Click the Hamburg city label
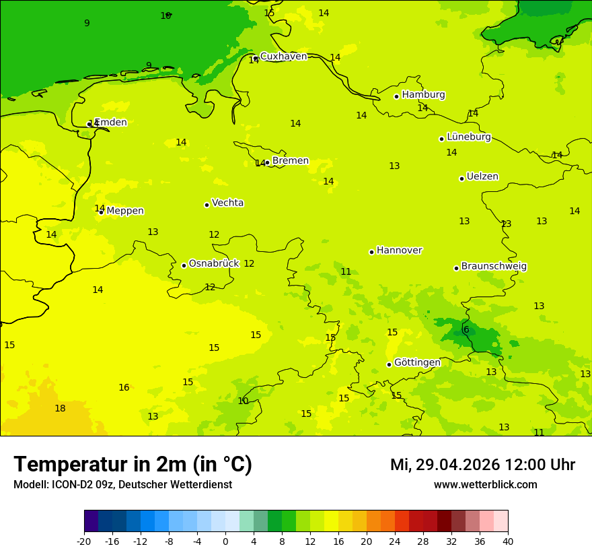423,95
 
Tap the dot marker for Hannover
371,252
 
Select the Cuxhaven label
283,57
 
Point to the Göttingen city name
417,362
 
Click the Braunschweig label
494,267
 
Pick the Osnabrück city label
213,264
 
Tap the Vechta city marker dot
207,205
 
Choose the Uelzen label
482,176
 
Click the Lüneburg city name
468,137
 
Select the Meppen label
125,211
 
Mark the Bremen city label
290,161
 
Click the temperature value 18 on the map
60,409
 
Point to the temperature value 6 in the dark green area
466,329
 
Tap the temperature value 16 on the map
124,387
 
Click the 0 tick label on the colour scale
225,541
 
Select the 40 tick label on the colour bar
507,541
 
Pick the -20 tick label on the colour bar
84,541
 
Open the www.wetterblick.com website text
485,485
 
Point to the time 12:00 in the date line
525,465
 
